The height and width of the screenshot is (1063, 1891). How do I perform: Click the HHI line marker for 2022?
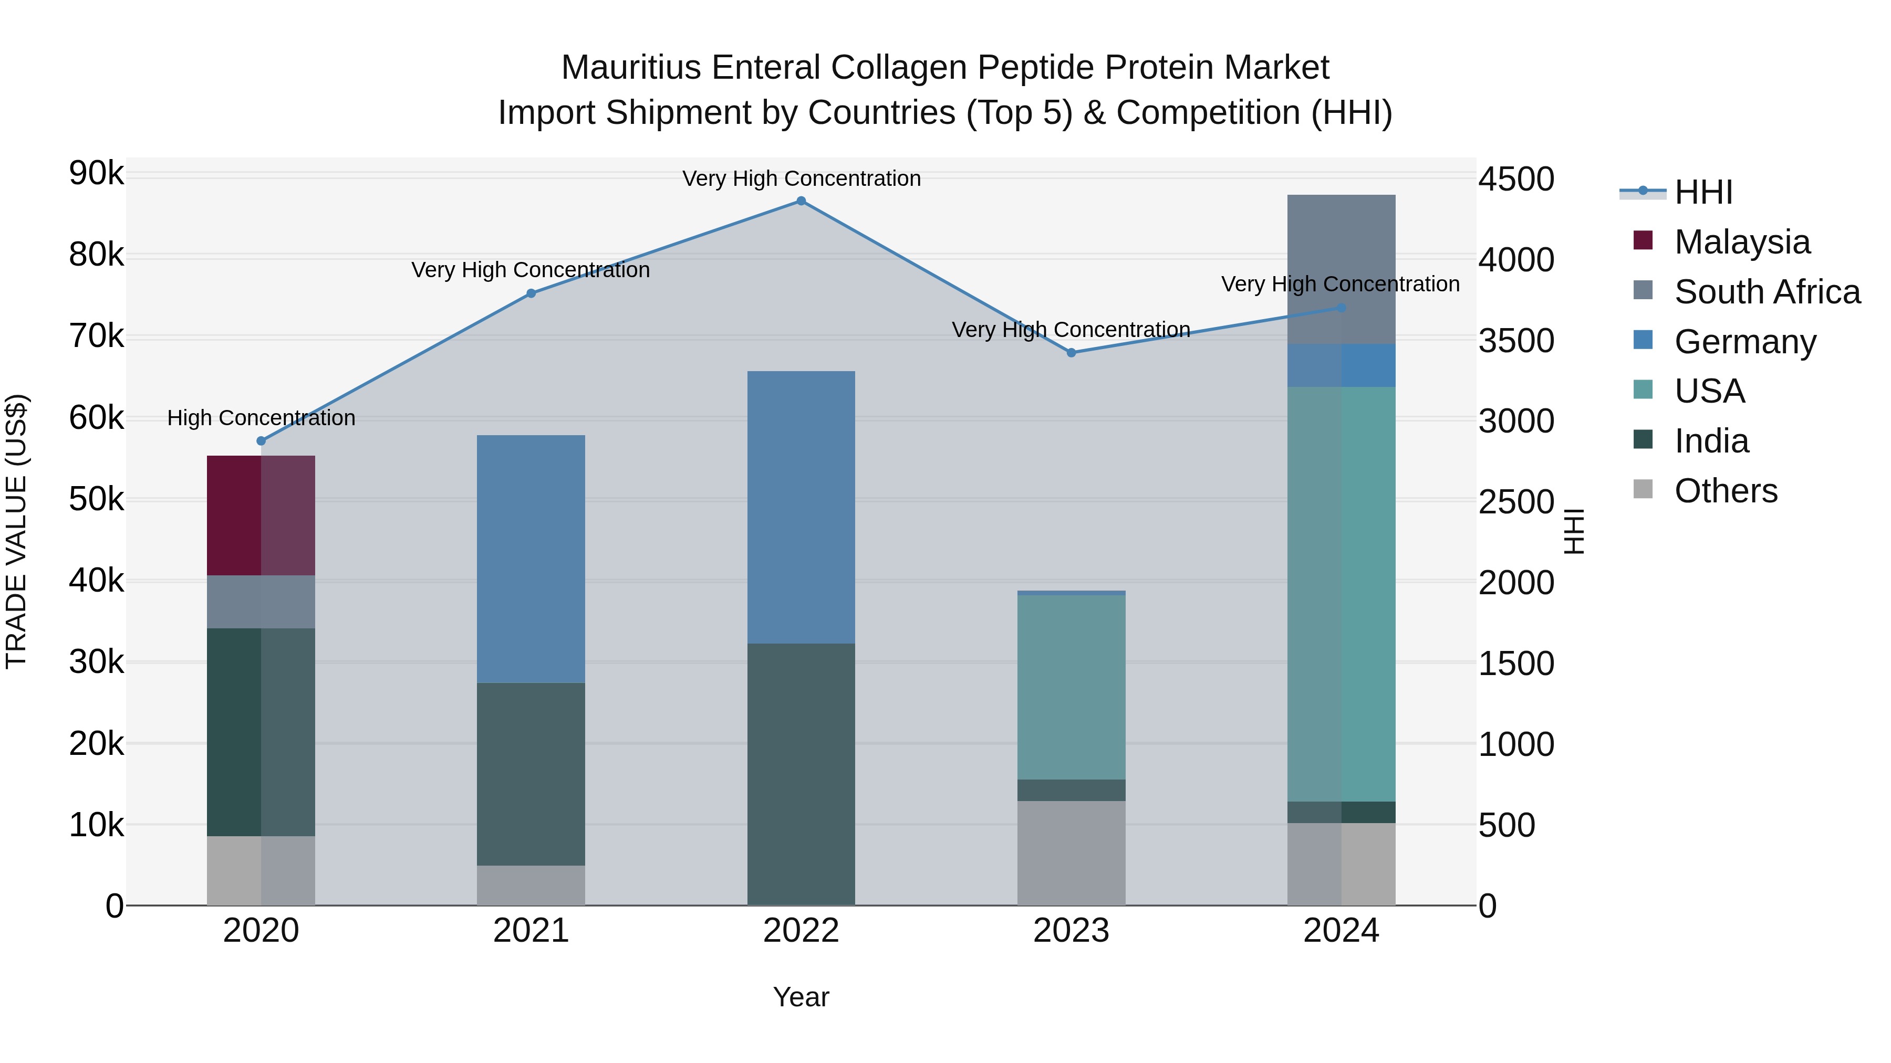tap(801, 201)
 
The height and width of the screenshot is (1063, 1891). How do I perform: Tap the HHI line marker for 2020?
tap(262, 441)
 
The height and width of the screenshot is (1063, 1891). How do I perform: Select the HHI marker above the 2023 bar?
tap(1071, 353)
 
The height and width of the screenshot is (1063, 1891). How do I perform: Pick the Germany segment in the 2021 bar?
tap(531, 559)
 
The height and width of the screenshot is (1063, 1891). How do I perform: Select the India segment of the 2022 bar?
tap(801, 774)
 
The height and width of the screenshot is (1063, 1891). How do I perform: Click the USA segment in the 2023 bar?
tap(1071, 687)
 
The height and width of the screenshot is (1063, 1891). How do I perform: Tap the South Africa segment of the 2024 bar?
tap(1341, 269)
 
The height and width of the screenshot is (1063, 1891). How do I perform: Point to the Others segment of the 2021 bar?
tap(531, 886)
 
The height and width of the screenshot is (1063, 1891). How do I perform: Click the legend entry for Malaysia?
tap(1742, 242)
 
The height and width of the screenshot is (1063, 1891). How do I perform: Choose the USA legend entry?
tap(1709, 391)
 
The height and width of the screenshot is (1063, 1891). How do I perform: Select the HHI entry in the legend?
tap(1703, 192)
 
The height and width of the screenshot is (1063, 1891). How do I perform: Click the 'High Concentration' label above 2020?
tap(262, 418)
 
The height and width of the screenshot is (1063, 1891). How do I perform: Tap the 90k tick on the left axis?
tap(96, 174)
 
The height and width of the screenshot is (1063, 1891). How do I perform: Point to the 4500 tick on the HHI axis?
tap(1516, 179)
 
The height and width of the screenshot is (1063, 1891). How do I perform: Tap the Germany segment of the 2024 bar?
tap(1341, 365)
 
